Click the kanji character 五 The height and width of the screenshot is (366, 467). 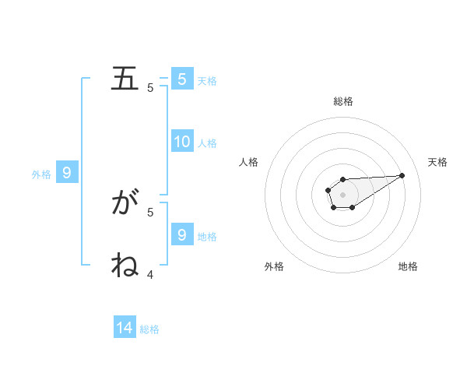point(125,79)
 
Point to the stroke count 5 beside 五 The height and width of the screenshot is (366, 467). point(150,88)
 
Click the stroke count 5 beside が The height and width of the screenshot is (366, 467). point(150,211)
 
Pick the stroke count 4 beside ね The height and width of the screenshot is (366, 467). point(150,274)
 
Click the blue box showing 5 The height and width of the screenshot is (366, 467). point(182,79)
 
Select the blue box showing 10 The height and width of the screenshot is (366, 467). point(182,142)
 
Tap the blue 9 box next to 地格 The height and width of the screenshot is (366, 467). point(182,234)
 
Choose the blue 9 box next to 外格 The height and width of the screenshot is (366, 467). point(67,173)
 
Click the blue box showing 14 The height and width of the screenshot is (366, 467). point(125,328)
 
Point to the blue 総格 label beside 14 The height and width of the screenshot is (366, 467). point(149,329)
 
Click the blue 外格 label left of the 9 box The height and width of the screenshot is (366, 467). point(41,174)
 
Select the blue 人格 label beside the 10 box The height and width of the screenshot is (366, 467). point(207,143)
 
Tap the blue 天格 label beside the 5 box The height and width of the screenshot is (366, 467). point(207,81)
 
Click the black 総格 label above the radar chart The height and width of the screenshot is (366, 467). point(343,101)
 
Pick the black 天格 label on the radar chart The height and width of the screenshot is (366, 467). point(438,162)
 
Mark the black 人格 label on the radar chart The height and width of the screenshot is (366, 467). point(249,162)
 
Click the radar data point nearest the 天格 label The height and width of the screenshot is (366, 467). point(402,175)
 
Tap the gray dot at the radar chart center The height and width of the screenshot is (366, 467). point(342,194)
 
